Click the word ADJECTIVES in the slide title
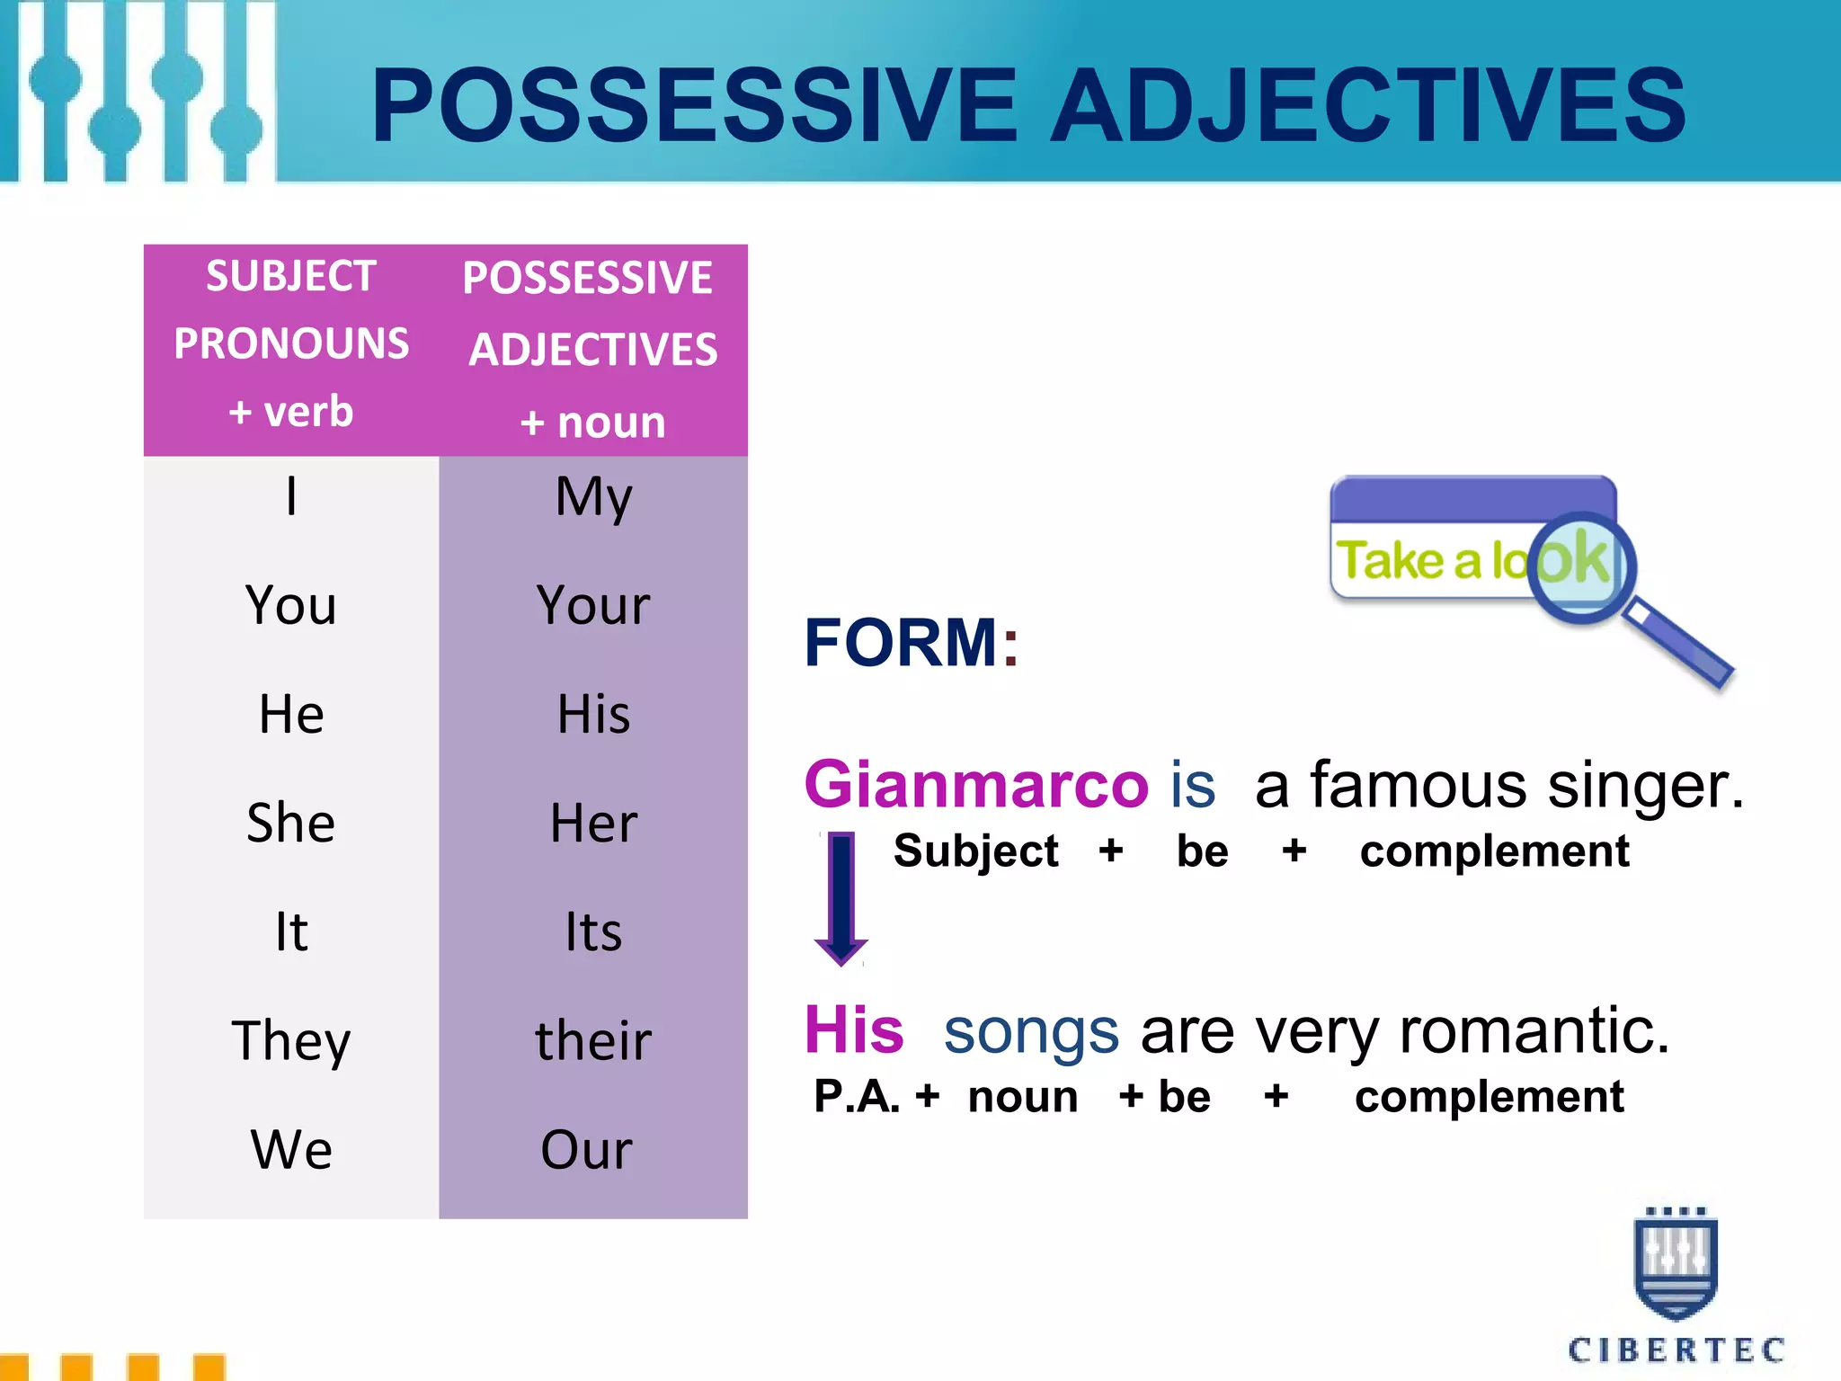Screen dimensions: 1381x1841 click(x=1368, y=106)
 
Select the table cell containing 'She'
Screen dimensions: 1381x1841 click(x=290, y=823)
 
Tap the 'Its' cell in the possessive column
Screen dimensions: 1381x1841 click(x=592, y=931)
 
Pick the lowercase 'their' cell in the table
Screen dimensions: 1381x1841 click(x=592, y=1040)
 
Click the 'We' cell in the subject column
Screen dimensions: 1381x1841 click(x=290, y=1149)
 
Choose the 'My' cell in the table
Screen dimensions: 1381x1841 click(x=592, y=496)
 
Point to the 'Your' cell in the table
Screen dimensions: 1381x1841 click(x=592, y=605)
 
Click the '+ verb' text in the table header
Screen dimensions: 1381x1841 click(x=290, y=412)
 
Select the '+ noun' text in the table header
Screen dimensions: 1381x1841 click(x=592, y=422)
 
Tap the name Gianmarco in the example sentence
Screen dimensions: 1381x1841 click(x=976, y=784)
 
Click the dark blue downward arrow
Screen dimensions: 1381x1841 click(x=840, y=899)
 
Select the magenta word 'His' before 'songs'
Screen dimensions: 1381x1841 click(x=854, y=1029)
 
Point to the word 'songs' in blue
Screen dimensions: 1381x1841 click(x=1031, y=1031)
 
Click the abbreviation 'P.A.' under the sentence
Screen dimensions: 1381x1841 click(x=856, y=1097)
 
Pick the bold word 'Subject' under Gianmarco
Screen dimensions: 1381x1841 click(x=976, y=851)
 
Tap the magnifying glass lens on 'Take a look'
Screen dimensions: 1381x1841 click(x=1580, y=566)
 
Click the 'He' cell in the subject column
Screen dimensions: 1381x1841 click(x=290, y=714)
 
